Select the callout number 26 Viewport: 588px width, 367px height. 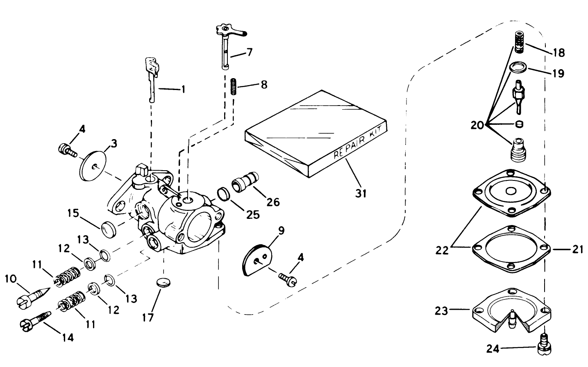(273, 201)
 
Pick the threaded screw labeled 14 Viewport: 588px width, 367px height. (36, 320)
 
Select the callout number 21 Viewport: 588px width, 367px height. (577, 249)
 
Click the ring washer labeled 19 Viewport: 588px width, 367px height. (519, 67)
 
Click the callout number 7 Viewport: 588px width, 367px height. (249, 52)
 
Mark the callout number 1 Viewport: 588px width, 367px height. (183, 89)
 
